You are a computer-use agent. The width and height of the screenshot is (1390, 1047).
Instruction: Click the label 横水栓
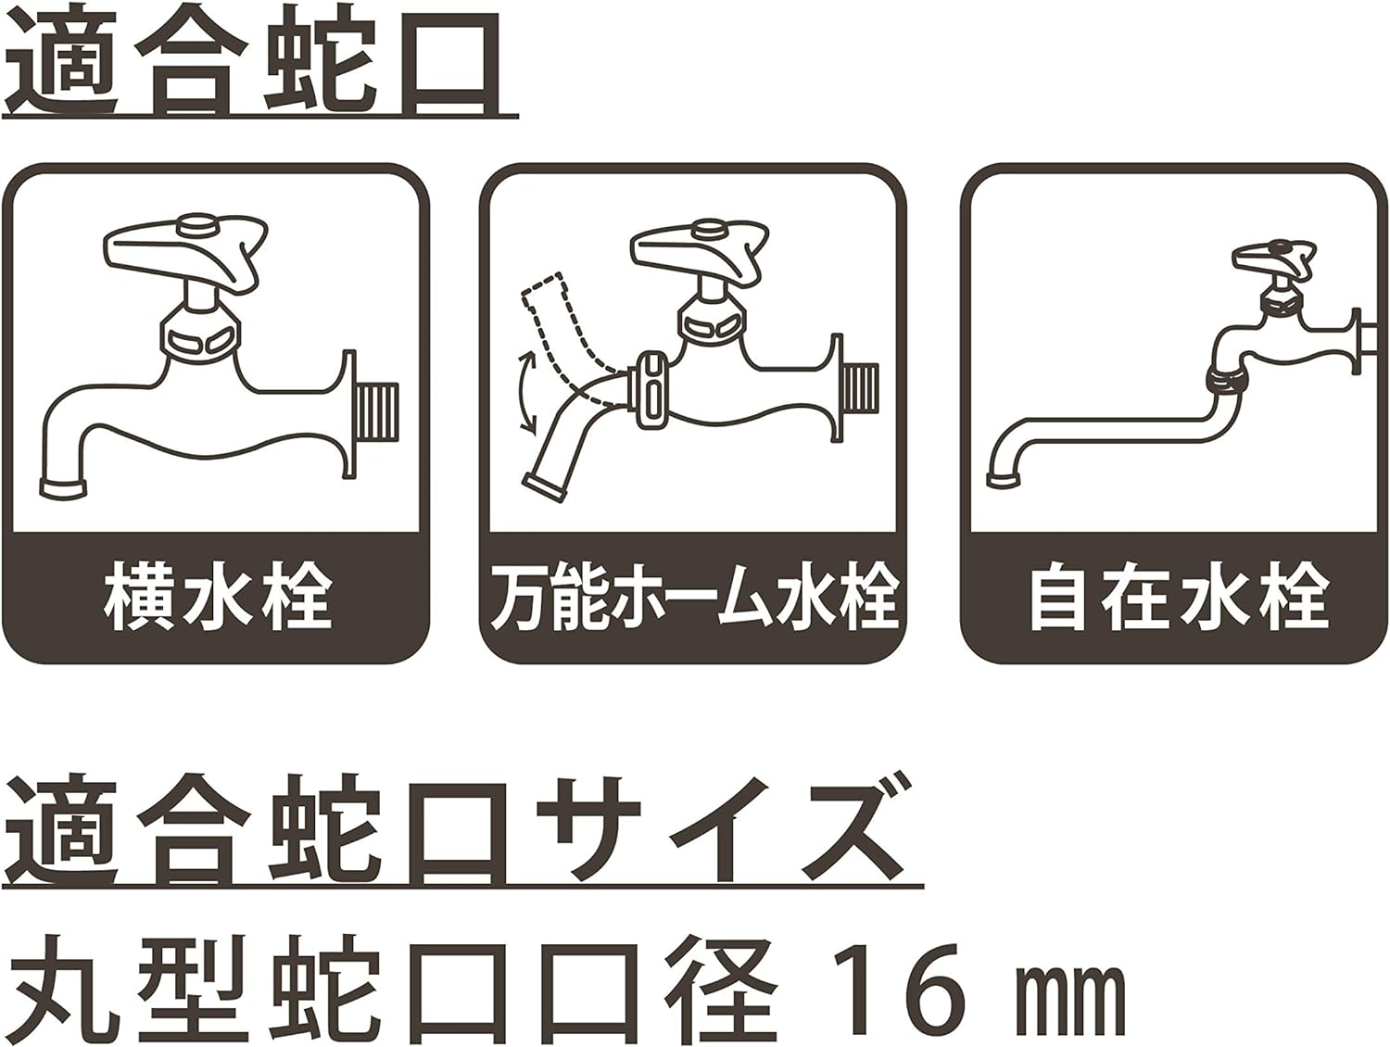click(217, 599)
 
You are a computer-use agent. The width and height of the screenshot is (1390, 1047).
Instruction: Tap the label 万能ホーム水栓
click(694, 599)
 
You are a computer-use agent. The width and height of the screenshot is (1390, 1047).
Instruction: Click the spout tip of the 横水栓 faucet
click(63, 488)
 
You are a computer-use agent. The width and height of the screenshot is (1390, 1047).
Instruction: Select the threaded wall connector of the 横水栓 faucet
click(377, 411)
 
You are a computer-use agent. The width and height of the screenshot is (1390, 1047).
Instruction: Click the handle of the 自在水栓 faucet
click(1273, 259)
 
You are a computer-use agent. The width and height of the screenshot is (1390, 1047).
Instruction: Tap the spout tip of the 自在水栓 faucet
click(1005, 479)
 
